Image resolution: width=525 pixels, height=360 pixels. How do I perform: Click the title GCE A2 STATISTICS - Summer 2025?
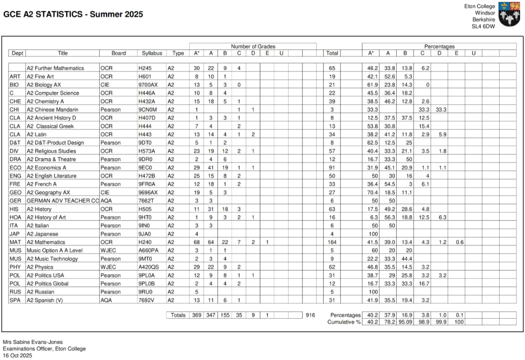[x=73, y=15]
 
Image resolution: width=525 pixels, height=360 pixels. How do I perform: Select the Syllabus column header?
[x=152, y=53]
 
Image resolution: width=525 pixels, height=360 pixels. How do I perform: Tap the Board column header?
[x=119, y=53]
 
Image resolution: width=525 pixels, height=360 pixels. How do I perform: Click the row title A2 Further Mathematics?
[x=55, y=69]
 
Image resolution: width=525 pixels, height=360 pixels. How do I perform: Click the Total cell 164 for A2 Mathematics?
[x=332, y=242]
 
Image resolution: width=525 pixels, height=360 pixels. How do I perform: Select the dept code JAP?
[x=15, y=234]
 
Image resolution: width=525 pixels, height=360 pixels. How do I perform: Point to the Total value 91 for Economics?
[x=332, y=168]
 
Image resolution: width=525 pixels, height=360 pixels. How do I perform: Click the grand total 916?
[x=310, y=315]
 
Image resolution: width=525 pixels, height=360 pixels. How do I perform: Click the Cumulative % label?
[x=344, y=322]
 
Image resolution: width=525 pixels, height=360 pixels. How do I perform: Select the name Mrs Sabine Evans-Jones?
[x=33, y=342]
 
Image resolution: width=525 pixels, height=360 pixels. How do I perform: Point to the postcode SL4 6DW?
[x=484, y=27]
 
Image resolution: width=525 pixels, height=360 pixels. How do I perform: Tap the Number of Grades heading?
[x=253, y=47]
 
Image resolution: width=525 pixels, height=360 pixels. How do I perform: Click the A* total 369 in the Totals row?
[x=196, y=315]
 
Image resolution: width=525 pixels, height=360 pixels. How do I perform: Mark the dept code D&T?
[x=15, y=143]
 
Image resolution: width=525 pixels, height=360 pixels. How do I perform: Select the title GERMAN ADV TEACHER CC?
[x=63, y=201]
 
